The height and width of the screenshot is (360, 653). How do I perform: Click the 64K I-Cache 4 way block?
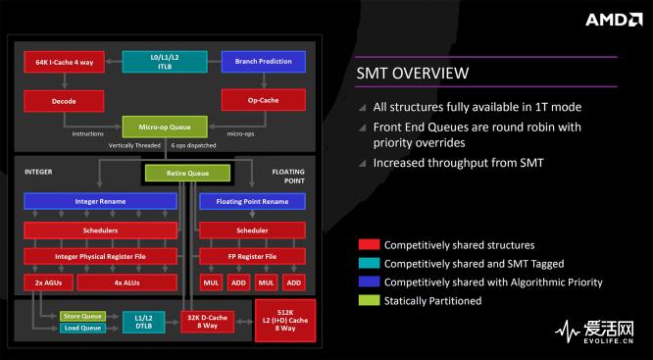64,62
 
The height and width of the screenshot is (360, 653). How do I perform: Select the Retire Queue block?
189,174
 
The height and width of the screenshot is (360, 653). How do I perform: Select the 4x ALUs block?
126,283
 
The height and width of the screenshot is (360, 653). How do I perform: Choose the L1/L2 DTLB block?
144,321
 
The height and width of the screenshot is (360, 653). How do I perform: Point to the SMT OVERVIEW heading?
411,74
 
